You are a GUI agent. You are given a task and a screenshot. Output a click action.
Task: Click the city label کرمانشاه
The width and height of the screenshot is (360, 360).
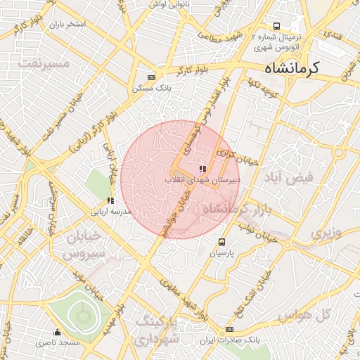(292, 68)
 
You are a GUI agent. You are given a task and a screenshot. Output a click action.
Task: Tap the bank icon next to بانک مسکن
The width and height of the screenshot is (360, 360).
(151, 77)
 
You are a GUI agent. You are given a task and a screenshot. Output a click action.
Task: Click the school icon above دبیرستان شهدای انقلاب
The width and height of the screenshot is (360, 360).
(202, 169)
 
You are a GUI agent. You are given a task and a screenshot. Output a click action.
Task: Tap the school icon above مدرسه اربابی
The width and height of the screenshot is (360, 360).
(110, 200)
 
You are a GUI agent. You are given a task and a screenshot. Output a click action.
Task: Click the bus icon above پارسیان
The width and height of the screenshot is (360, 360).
(223, 241)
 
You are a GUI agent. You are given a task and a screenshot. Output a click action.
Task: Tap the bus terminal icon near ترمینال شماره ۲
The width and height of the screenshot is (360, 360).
(277, 25)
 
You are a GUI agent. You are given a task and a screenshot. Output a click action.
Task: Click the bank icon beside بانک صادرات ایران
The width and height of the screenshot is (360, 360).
(229, 330)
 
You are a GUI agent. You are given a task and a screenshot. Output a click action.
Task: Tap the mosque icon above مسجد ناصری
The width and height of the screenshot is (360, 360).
(57, 333)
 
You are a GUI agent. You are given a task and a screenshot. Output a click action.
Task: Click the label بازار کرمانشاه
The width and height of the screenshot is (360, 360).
(236, 209)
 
